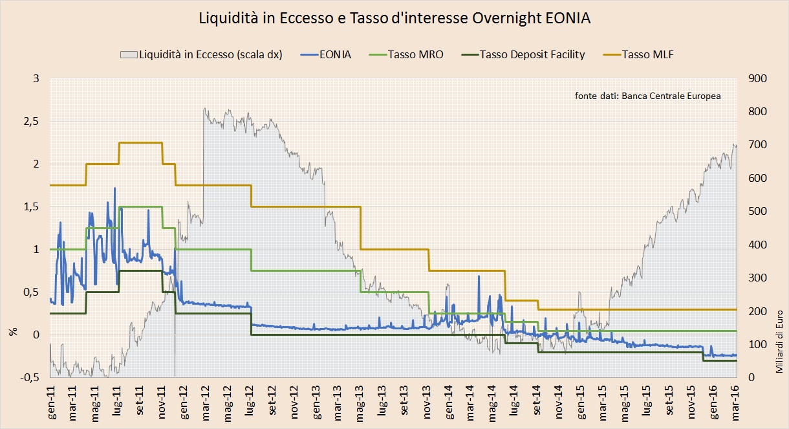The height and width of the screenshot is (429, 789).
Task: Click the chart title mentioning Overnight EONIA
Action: point(394,19)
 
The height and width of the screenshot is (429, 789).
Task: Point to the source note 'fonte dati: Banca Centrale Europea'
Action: point(647,96)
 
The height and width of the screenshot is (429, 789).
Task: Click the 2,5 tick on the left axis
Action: point(30,122)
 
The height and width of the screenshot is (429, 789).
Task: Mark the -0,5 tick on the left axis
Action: point(29,377)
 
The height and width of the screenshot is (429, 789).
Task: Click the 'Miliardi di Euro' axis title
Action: point(779,343)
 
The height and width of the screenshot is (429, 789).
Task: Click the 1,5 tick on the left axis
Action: point(30,207)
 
